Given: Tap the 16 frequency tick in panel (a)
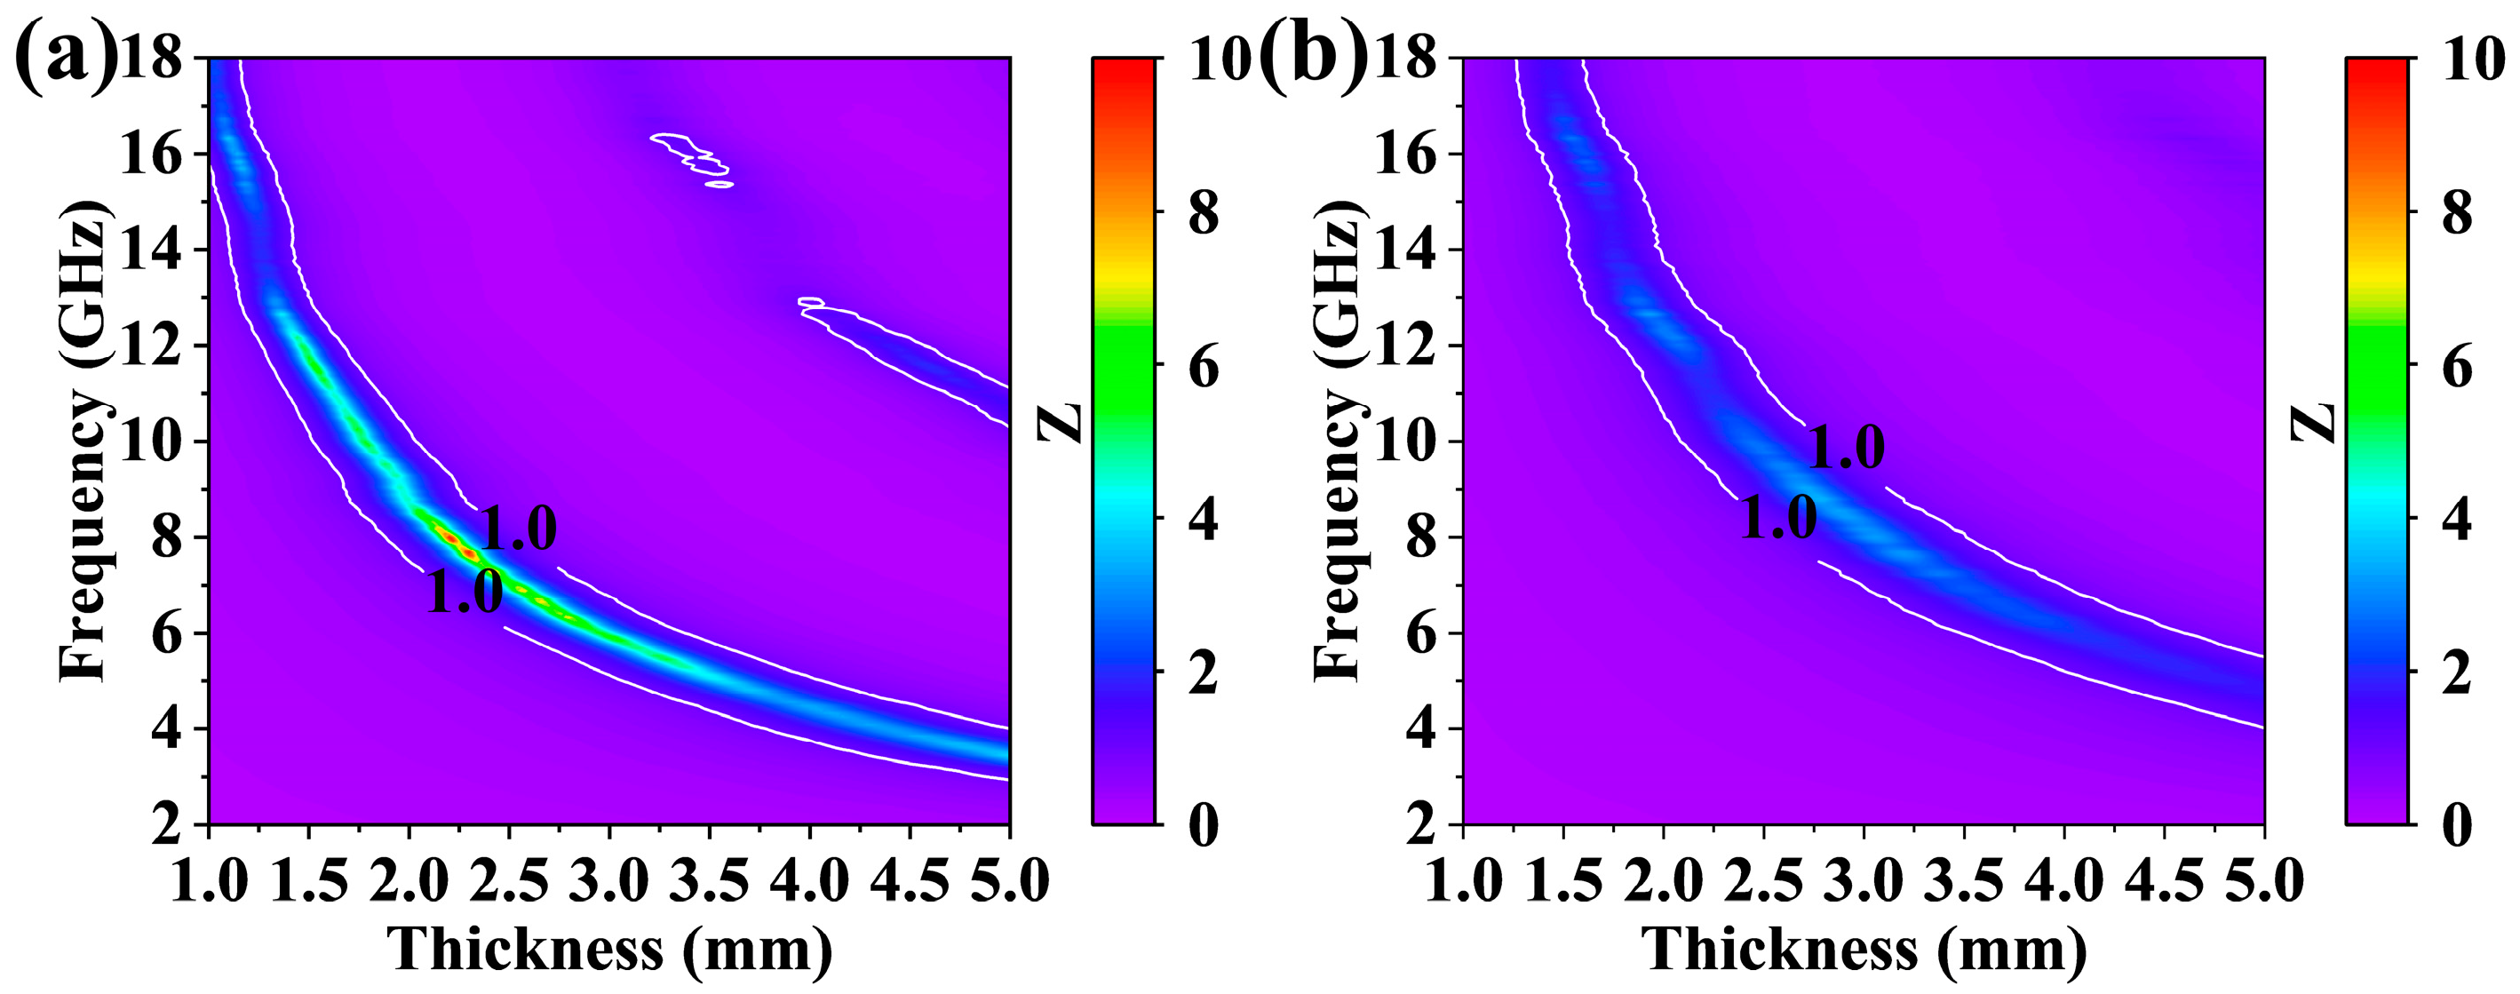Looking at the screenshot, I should click(151, 155).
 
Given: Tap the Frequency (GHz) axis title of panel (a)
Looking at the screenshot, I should click(83, 441).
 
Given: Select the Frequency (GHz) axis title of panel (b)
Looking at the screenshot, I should click(1336, 441).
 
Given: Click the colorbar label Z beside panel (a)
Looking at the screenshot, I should click(1061, 422).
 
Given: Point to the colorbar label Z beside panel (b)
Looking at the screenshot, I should click(2315, 422).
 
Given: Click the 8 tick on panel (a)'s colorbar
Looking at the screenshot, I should click(1204, 213).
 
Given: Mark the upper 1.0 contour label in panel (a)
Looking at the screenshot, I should click(518, 531).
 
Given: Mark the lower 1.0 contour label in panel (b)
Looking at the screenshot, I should click(1778, 518).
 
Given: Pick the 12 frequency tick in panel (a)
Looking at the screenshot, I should click(151, 346).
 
